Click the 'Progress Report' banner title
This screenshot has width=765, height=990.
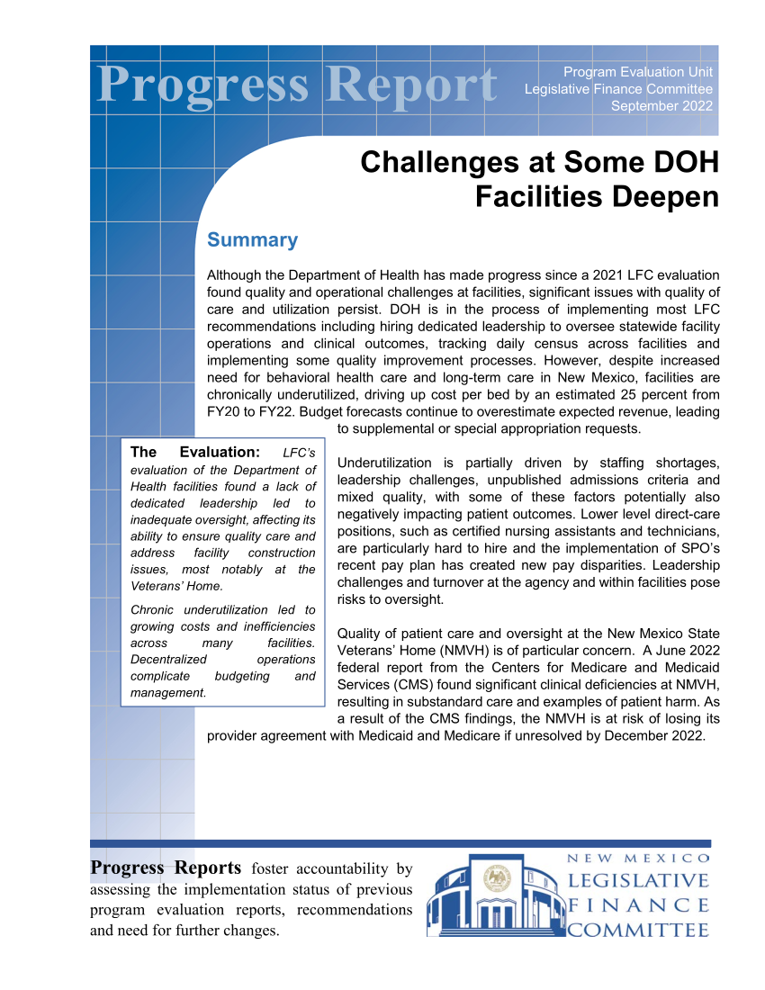(x=297, y=85)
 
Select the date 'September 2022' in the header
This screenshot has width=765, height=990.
(x=661, y=105)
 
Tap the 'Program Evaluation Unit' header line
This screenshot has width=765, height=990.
(x=638, y=71)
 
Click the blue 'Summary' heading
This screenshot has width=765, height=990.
(x=252, y=240)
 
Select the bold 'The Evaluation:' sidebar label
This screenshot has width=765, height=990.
(x=195, y=452)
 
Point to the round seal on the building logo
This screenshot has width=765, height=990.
(x=497, y=877)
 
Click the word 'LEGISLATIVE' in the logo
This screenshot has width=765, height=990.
(x=638, y=879)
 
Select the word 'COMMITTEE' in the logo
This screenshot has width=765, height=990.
(x=638, y=930)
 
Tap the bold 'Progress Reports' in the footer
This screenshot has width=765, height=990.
(x=166, y=868)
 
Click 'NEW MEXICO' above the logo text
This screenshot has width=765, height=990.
(x=638, y=858)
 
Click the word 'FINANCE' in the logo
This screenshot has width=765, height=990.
(x=638, y=904)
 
